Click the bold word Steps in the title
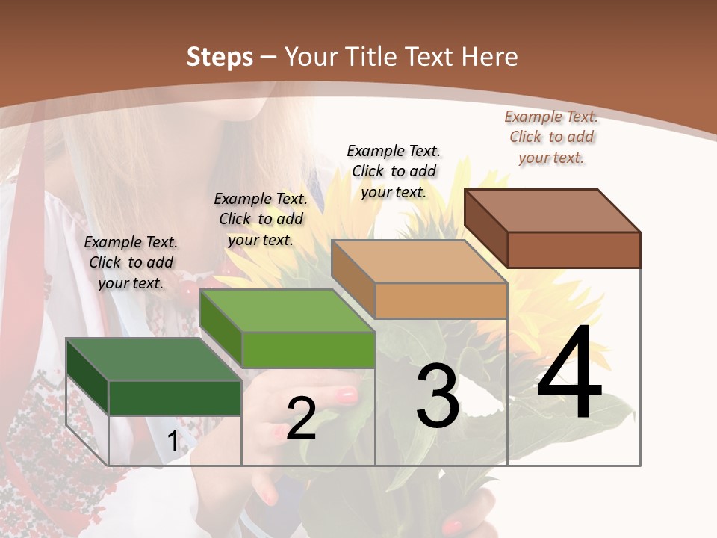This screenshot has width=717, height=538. coord(220,57)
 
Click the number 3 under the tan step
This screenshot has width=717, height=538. coord(438,396)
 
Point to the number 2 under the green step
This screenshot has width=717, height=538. coord(301,418)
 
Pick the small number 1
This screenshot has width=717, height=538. coord(173,442)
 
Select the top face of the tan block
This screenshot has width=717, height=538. coord(419,262)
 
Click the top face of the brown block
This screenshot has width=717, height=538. coord(553,211)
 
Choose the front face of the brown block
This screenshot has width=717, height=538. coord(574,250)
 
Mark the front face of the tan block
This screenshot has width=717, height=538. coord(441,300)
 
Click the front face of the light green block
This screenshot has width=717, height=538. coord(308,350)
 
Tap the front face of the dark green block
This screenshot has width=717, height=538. coord(175,398)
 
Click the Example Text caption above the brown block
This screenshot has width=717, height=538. coord(551,137)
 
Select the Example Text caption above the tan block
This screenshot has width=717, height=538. coord(394,171)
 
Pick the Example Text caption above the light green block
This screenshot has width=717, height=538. coord(261,219)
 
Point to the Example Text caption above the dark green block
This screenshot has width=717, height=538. coord(131,262)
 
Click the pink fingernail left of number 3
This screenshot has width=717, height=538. coord(347,395)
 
